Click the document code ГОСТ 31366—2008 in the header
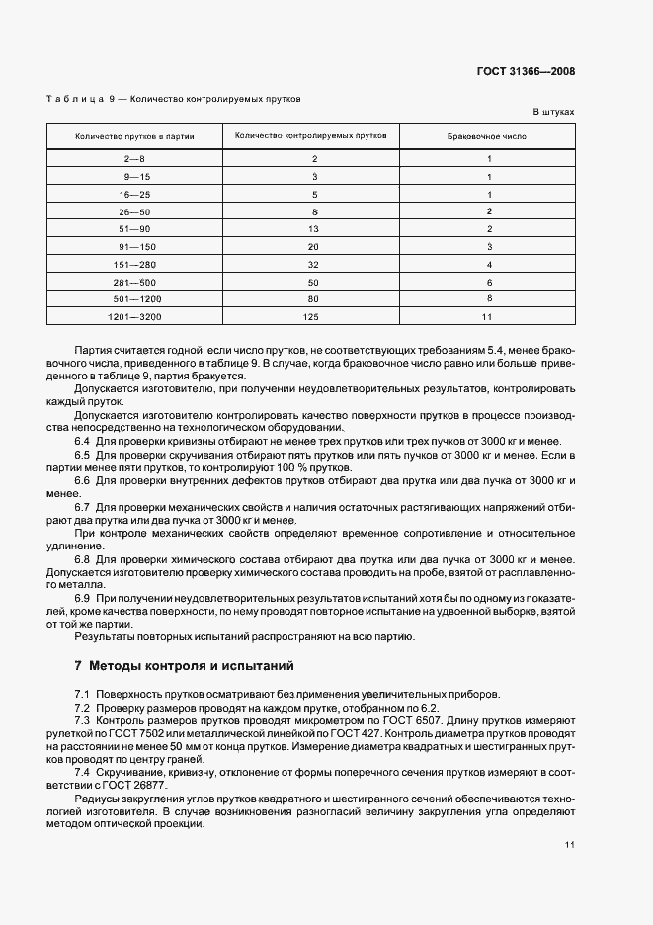click(x=526, y=72)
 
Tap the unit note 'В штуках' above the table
click(x=553, y=113)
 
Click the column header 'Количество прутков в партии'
click(x=134, y=135)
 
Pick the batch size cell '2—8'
click(x=134, y=158)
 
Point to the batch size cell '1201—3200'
click(x=134, y=316)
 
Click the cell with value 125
click(x=314, y=316)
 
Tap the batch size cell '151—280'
click(x=134, y=264)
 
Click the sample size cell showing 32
click(x=314, y=264)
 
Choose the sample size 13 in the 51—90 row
click(x=314, y=228)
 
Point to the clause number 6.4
click(x=82, y=441)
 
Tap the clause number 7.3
click(x=82, y=721)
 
